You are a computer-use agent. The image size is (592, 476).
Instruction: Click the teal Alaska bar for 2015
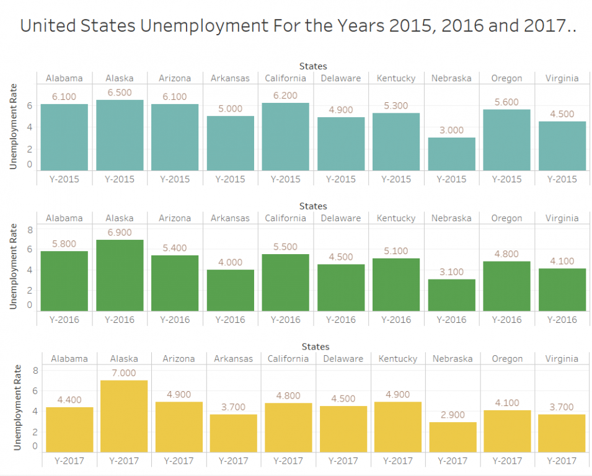click(120, 135)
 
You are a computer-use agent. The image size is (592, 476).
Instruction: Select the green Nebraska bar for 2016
click(451, 295)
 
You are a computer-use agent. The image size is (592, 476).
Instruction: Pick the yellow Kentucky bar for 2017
click(397, 427)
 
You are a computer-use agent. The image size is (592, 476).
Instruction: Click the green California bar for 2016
click(285, 283)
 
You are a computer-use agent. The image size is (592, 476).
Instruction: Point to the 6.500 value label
click(120, 92)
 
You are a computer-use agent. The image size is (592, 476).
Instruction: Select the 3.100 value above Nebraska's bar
click(451, 271)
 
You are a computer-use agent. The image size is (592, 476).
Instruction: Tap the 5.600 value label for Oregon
click(506, 102)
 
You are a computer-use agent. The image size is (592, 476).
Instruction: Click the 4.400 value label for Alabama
click(69, 400)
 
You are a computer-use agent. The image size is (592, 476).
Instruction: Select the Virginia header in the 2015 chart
click(562, 78)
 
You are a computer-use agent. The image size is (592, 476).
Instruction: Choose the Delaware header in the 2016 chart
click(341, 218)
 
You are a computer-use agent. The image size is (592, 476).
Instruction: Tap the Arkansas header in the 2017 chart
click(233, 359)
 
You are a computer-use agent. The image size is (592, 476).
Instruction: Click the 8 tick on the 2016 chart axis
click(29, 229)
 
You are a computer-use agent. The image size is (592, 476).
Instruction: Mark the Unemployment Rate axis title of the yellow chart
click(17, 405)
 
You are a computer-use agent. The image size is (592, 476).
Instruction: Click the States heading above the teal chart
click(313, 66)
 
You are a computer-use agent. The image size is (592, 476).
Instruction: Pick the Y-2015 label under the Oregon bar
click(506, 179)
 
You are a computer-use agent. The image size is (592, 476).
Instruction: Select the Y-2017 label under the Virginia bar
click(562, 461)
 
